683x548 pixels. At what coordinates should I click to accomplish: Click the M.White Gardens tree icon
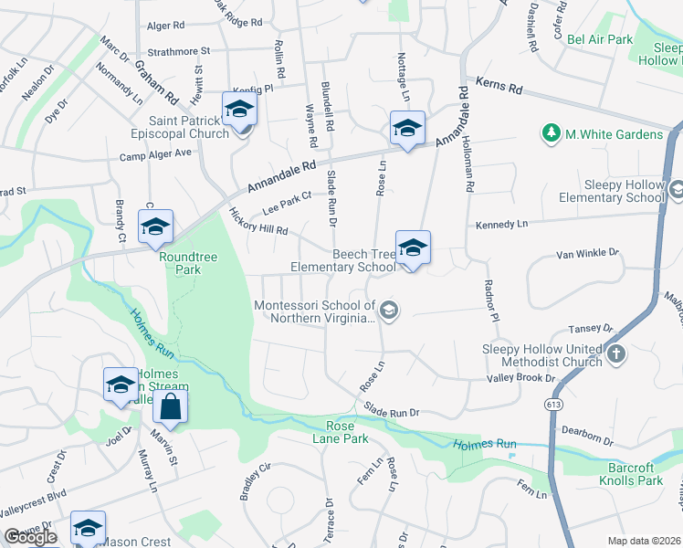552,134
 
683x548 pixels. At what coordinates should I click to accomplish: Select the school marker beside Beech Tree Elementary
413,248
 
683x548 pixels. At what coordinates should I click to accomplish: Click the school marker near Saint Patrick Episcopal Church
239,109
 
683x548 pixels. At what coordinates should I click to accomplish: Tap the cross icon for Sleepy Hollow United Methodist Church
616,354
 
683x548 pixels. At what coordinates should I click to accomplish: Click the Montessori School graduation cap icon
388,311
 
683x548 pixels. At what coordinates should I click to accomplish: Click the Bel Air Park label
600,39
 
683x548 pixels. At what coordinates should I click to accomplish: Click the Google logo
30,537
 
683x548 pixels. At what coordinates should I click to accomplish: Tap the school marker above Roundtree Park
155,227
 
